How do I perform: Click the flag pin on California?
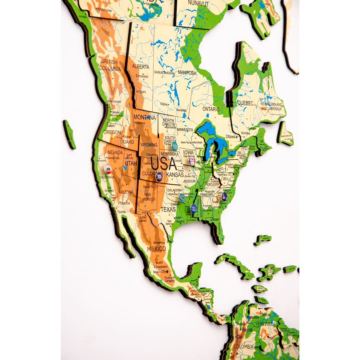tap(108, 169)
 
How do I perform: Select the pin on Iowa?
tap(192, 161)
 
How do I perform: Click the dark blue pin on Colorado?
tap(159, 176)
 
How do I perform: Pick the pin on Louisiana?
tap(193, 208)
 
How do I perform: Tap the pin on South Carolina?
tap(224, 197)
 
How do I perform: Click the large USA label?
tap(164, 164)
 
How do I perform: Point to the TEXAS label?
tap(168, 210)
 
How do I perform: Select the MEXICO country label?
tap(156, 249)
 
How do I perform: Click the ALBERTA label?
tap(141, 67)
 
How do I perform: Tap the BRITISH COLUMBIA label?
tap(110, 65)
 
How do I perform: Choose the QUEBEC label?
tap(245, 103)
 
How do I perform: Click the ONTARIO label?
tap(211, 109)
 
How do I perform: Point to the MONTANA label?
tap(144, 117)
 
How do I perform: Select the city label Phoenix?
tap(124, 203)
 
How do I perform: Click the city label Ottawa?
tap(230, 136)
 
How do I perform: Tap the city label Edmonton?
tap(142, 76)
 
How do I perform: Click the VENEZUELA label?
tap(266, 324)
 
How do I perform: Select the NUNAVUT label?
tap(198, 3)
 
